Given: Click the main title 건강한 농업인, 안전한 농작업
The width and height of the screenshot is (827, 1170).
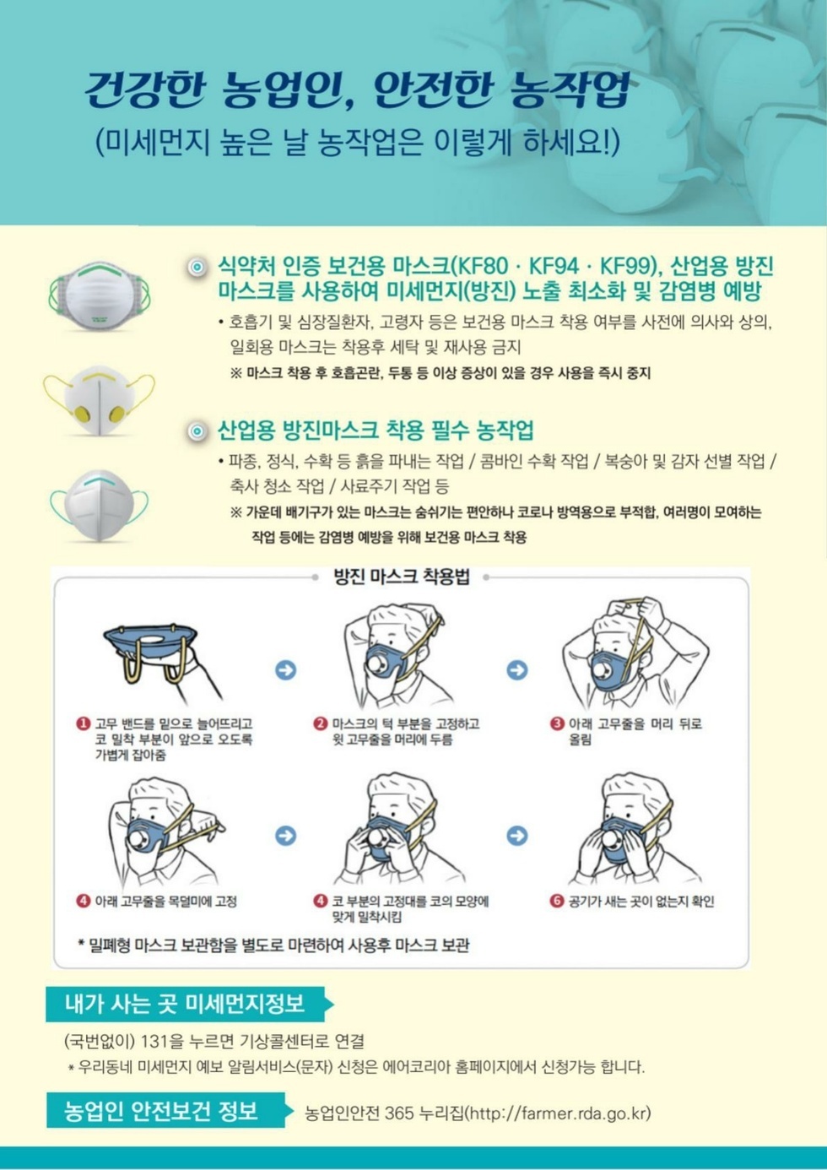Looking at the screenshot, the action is point(357,89).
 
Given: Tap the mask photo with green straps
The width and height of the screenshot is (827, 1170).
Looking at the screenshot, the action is point(100,295).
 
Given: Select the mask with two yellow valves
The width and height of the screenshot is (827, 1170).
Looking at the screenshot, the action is point(100,400).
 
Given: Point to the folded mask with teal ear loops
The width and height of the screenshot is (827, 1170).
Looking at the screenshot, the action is point(100,505).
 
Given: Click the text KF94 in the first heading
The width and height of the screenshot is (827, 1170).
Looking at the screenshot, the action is point(554,267).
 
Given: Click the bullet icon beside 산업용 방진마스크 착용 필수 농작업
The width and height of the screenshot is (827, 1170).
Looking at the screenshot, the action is point(197,431).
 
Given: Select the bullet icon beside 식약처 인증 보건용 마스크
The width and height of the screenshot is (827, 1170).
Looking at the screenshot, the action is point(197,268).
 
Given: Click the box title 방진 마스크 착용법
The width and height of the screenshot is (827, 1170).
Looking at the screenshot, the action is point(402,577).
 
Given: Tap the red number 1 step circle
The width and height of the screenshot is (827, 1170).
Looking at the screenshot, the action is point(84,724).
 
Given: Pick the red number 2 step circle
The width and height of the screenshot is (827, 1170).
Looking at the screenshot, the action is point(321,724).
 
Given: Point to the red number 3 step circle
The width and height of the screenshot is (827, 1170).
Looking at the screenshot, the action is point(557,724).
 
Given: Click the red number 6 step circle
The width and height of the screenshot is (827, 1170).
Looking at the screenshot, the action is point(557,901).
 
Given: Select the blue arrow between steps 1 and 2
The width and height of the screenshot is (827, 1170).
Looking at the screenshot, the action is point(285,670).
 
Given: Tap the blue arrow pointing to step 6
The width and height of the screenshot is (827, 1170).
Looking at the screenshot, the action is point(517,836).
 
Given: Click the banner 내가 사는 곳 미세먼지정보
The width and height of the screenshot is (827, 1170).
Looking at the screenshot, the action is point(189,1004).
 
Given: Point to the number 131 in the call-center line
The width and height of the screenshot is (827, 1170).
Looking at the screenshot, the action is point(155,1042).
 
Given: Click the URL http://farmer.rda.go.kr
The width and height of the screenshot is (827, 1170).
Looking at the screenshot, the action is point(558,1113).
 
